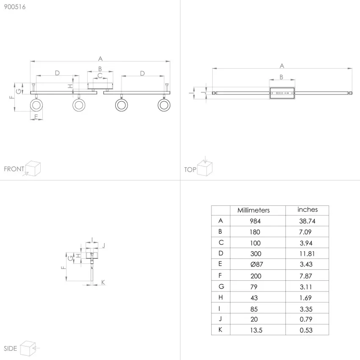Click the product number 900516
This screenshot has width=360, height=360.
tap(15, 7)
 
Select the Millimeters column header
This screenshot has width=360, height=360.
tap(253, 210)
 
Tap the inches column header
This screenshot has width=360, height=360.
tap(307, 210)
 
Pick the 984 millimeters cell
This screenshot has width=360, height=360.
tap(255, 221)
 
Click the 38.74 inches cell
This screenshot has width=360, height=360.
tap(307, 221)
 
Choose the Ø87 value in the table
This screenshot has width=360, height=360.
tap(257, 264)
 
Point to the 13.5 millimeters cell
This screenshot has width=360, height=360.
tap(256, 330)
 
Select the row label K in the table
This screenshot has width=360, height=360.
tap(220, 330)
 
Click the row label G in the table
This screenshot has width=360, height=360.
tap(221, 287)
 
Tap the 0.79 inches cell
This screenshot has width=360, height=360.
tap(306, 319)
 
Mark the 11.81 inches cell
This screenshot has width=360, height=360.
tap(307, 254)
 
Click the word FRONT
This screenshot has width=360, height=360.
tap(14, 169)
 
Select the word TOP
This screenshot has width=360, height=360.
tap(190, 170)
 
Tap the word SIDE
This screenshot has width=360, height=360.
tap(10, 349)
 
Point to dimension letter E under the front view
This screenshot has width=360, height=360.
tap(36, 117)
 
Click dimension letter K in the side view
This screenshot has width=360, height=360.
tap(103, 282)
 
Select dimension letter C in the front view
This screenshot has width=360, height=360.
tap(100, 75)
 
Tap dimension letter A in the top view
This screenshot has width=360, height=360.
tap(282, 66)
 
